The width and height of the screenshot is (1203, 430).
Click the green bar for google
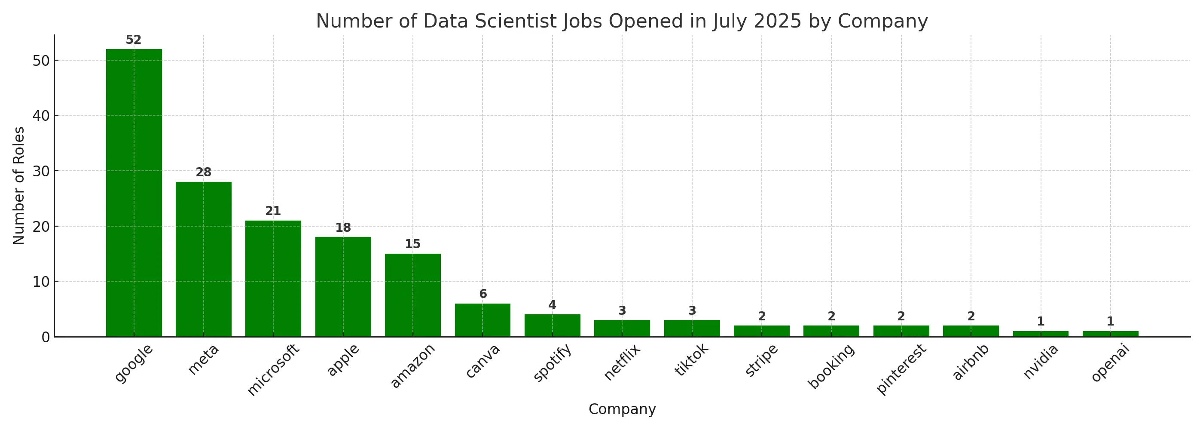[x=134, y=193]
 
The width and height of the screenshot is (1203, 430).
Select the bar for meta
[x=203, y=259]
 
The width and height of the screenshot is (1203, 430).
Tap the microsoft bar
[x=273, y=279]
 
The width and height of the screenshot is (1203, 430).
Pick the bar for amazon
[x=412, y=295]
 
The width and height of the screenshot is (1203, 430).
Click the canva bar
[x=482, y=320]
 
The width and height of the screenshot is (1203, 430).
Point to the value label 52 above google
[x=134, y=40]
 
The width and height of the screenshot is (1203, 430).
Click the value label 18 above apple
[x=343, y=228]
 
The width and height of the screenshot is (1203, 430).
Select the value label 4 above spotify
[x=552, y=306]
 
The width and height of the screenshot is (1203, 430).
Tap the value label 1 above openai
[x=1110, y=322]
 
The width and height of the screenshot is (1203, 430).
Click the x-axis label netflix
[x=622, y=362]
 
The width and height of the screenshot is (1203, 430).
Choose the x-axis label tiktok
[x=691, y=360]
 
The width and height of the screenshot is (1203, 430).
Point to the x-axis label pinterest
[x=901, y=369]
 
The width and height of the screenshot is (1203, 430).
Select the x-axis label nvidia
[x=1040, y=362]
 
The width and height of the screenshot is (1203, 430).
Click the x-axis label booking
[x=831, y=366]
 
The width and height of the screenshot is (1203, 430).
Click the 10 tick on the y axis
[x=42, y=282]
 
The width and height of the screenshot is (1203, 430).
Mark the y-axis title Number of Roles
[x=18, y=186]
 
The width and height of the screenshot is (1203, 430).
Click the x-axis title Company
[x=622, y=409]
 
